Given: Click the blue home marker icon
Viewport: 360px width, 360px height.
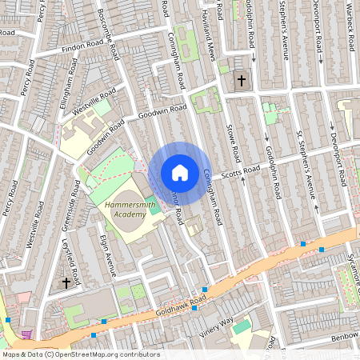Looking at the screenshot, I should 180,173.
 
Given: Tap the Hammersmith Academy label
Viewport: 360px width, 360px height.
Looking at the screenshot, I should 131,210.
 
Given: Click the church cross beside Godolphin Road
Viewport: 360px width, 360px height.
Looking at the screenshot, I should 241,80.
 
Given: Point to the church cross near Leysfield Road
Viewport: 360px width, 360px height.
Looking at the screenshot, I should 66,282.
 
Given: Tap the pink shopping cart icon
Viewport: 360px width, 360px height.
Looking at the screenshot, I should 28,334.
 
